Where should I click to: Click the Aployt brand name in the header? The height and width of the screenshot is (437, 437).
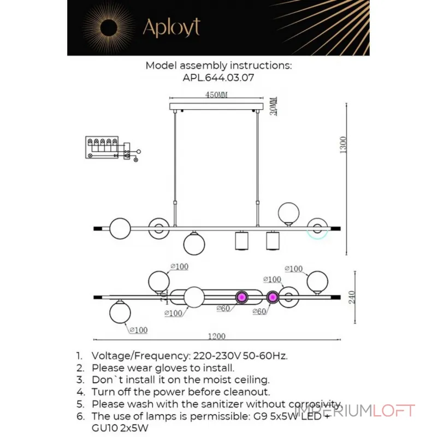tap(171, 27)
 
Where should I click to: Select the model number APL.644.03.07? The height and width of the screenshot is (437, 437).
tap(218, 78)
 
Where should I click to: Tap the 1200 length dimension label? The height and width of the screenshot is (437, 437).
tap(216, 336)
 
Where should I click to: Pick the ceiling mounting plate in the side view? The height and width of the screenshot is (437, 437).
tap(216, 105)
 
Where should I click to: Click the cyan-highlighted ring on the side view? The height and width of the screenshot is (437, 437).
tap(317, 229)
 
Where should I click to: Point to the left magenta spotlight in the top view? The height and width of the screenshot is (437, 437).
tap(240, 298)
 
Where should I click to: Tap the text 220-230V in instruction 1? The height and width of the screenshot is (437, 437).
tap(209, 356)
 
